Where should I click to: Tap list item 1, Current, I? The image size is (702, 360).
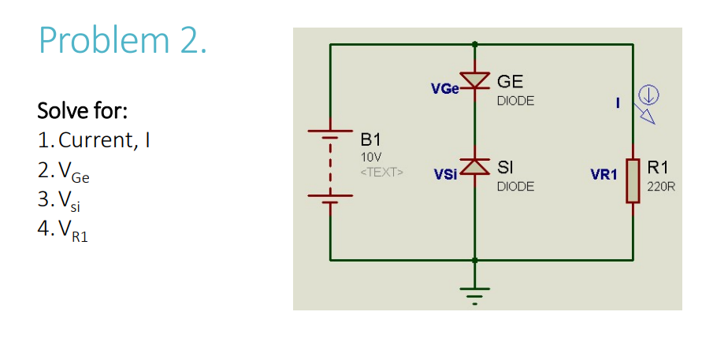(94, 140)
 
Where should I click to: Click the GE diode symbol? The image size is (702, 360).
(474, 80)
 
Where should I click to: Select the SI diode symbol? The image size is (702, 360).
(474, 166)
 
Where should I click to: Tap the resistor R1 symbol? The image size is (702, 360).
(632, 180)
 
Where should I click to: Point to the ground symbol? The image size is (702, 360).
(474, 292)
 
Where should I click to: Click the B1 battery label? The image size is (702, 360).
(370, 142)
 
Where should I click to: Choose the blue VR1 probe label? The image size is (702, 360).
(604, 175)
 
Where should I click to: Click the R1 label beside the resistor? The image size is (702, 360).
(657, 168)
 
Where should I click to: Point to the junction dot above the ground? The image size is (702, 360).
(474, 259)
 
